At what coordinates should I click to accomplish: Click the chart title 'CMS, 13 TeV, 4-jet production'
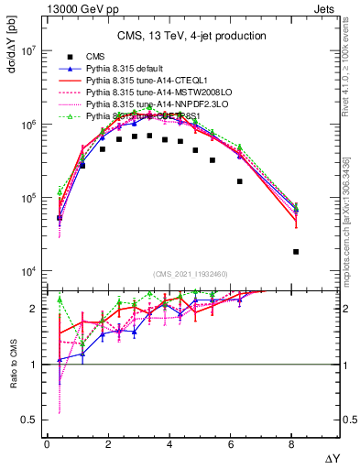tap(191, 36)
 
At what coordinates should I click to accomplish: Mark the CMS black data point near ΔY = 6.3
tap(240, 181)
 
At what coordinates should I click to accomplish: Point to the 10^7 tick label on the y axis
tap(26, 51)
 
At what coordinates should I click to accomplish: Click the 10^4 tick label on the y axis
tap(26, 272)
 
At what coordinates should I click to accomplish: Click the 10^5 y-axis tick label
tap(26, 199)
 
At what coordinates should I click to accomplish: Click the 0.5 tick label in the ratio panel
tap(30, 420)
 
